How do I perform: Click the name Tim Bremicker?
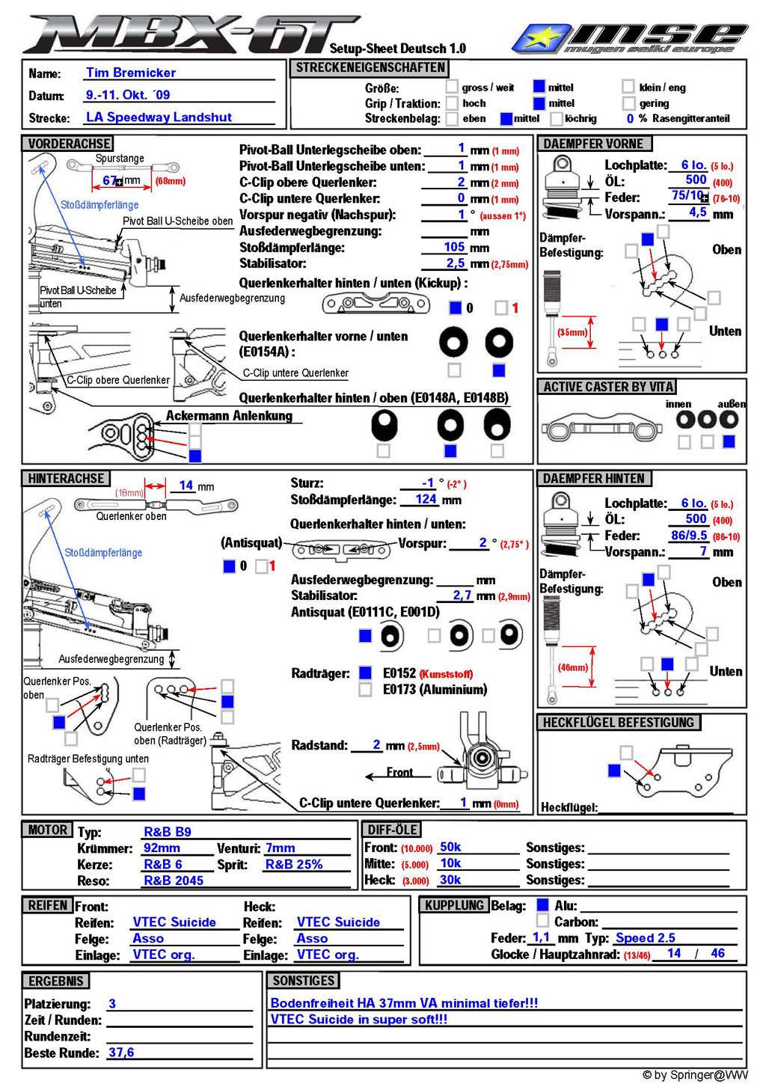pos(131,73)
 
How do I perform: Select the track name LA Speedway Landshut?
pos(159,117)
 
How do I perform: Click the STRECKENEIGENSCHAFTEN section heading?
pos(370,68)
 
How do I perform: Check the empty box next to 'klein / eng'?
pos(628,88)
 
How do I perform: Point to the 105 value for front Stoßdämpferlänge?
pos(454,247)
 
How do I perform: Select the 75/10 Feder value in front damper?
pos(687,196)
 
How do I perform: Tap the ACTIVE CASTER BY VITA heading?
pos(608,387)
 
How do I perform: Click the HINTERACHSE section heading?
pos(66,478)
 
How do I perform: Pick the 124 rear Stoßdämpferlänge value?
pos(426,499)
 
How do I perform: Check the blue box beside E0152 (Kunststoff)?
pos(365,673)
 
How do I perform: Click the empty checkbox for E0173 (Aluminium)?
pos(365,690)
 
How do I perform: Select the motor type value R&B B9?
pos(168,831)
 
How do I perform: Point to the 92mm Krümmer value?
pos(162,848)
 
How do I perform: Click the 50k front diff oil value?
pos(450,847)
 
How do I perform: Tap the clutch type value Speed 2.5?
pos(646,937)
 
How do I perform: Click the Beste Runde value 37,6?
pos(121,1052)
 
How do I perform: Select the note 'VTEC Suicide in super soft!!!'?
pos(359,1019)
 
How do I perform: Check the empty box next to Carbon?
pos(543,921)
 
